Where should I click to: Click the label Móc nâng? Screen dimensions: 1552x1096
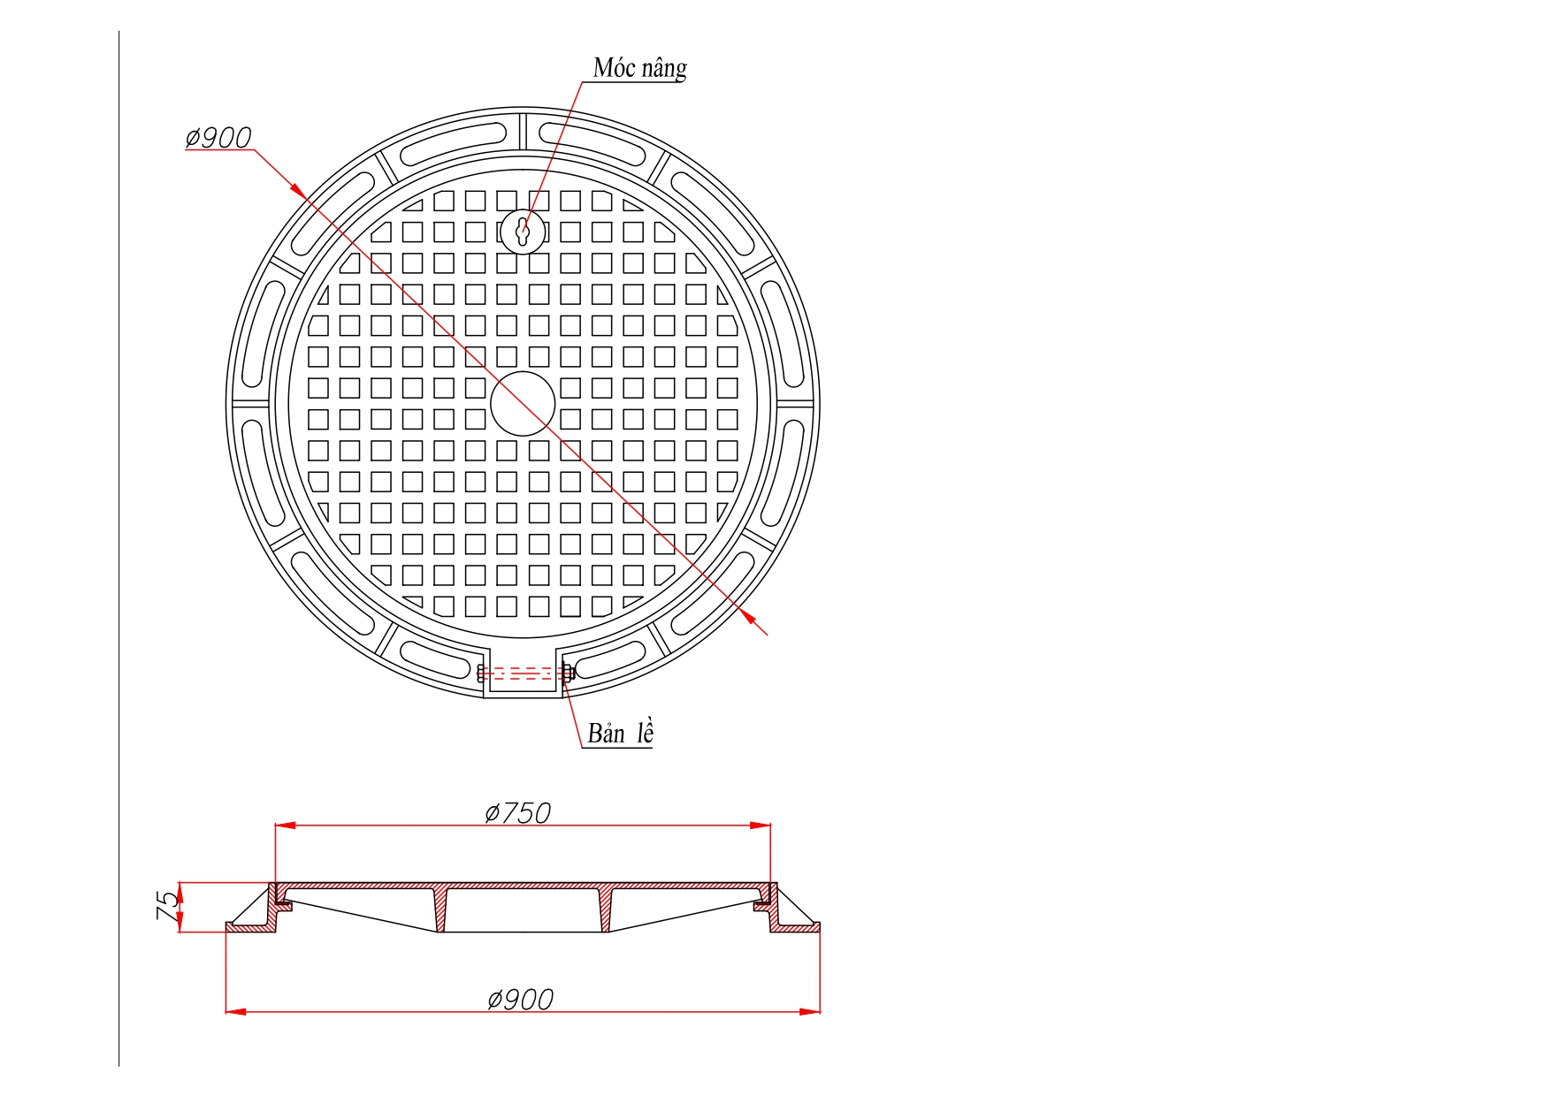pyautogui.click(x=639, y=68)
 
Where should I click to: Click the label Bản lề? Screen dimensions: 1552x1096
pyautogui.click(x=620, y=733)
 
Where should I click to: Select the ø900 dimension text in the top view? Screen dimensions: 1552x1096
pyautogui.click(x=218, y=137)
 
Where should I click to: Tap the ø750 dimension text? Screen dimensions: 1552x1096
pyautogui.click(x=517, y=812)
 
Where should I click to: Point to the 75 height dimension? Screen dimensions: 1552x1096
pyautogui.click(x=167, y=906)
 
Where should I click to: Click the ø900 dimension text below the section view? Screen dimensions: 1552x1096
pyautogui.click(x=520, y=999)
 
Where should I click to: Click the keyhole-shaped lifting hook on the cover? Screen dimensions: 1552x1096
pyautogui.click(x=523, y=232)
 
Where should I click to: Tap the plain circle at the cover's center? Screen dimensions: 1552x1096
pyautogui.click(x=523, y=403)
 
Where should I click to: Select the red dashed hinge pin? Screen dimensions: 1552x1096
pyautogui.click(x=524, y=674)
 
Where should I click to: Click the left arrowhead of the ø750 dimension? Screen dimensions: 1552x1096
pyautogui.click(x=285, y=826)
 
